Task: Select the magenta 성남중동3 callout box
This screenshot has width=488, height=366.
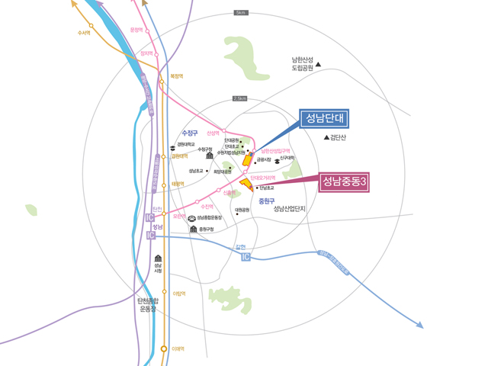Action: tap(345, 181)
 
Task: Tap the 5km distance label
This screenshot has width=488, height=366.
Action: tap(241, 13)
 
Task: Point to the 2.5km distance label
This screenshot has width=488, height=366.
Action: tap(239, 98)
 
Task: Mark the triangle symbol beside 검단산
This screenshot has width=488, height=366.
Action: tap(327, 137)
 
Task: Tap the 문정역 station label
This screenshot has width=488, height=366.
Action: tap(137, 30)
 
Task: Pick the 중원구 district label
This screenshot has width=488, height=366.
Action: tap(266, 201)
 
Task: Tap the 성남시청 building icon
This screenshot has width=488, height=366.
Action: tap(158, 258)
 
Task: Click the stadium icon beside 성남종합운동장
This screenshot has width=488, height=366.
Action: tap(191, 218)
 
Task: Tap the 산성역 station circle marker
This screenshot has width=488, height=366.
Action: tap(224, 130)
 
